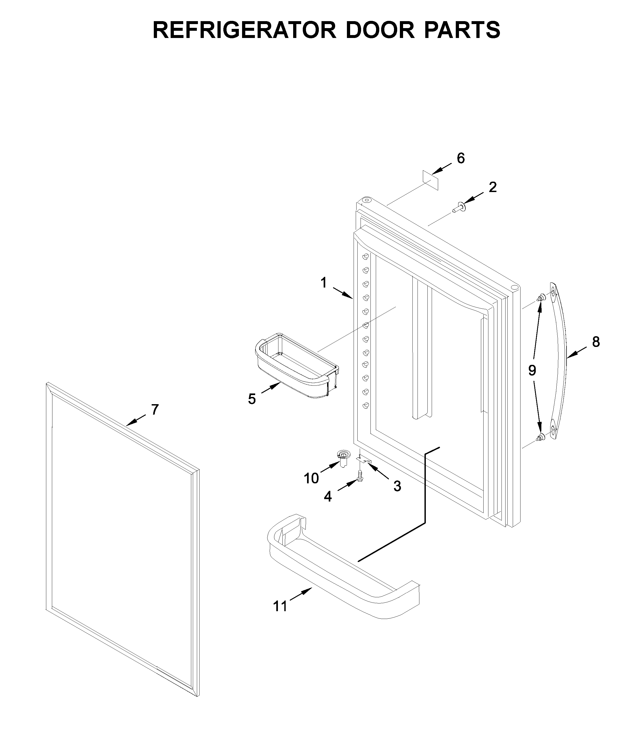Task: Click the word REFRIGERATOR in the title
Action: click(244, 30)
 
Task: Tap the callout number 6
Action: click(461, 158)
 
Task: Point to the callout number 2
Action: click(492, 187)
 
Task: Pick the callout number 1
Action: click(324, 283)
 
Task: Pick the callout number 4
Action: click(328, 496)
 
